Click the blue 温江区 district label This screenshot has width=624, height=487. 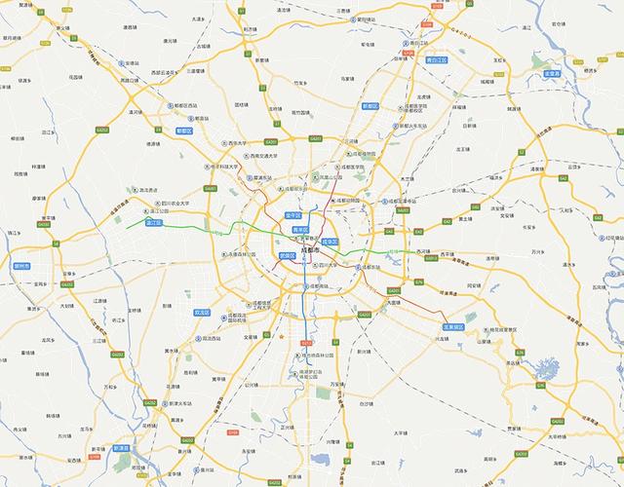coord(153,222)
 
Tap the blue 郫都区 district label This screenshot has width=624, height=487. coord(184,130)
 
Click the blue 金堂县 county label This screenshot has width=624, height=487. coord(551,73)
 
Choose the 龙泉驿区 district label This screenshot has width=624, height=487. coord(452,327)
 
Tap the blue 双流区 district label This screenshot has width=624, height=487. coord(202,313)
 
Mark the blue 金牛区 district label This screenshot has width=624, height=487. coord(292,214)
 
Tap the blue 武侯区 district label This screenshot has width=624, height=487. coord(287,255)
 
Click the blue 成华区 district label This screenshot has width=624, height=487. coord(330,241)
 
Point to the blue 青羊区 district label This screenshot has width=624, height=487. coord(300,230)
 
